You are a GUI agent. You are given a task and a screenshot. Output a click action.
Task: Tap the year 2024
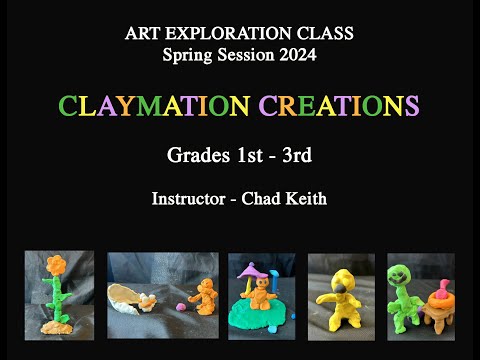tap(296, 55)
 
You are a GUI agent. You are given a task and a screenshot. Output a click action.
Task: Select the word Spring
tap(188, 55)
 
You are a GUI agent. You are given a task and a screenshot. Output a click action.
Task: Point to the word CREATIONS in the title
tap(338, 106)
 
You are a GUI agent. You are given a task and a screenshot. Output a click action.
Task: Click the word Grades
tap(195, 156)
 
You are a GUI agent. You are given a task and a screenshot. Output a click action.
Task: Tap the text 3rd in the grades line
tap(296, 156)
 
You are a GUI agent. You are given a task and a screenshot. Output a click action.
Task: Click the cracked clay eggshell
tap(133, 295)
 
